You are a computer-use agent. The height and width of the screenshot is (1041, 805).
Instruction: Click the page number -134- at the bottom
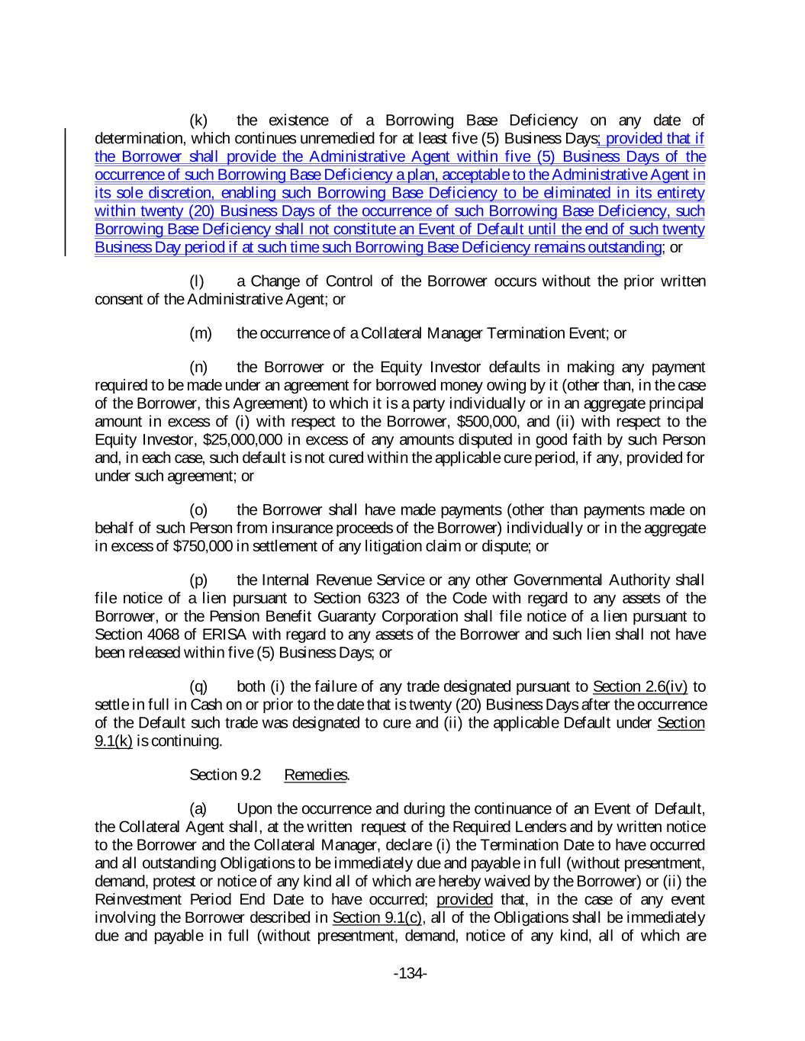(x=410, y=973)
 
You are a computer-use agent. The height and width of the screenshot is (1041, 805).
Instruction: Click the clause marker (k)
(x=198, y=120)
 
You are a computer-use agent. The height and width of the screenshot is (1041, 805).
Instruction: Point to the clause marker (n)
(x=198, y=368)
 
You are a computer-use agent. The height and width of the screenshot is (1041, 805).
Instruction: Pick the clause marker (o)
(x=198, y=510)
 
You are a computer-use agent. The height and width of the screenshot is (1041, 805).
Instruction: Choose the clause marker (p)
(x=198, y=580)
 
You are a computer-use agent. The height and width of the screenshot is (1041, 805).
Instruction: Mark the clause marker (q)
(x=198, y=687)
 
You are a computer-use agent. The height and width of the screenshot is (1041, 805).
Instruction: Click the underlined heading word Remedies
(x=316, y=775)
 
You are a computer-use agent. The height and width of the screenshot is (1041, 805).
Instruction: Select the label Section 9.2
(x=225, y=775)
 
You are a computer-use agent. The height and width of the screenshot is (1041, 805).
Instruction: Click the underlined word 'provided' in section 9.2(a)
(x=465, y=899)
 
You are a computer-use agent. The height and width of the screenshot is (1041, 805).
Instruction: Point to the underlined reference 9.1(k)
(x=113, y=741)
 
